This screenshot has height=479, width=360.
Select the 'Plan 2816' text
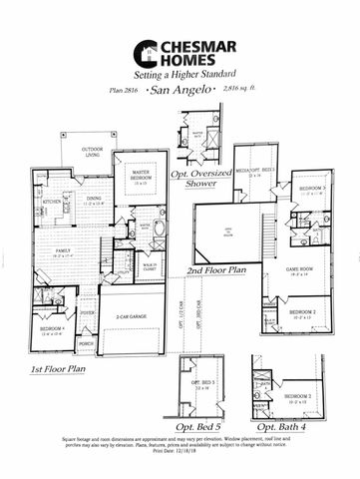click(124, 91)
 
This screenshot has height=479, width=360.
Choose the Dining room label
click(93, 200)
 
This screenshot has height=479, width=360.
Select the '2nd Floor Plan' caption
click(215, 270)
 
